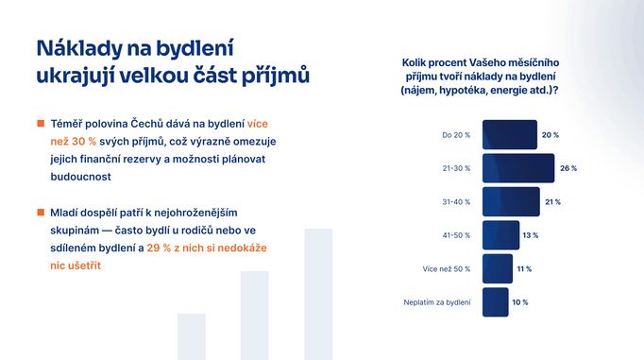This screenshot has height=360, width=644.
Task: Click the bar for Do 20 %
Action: click(x=509, y=135)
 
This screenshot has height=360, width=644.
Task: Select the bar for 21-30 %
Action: click(x=517, y=168)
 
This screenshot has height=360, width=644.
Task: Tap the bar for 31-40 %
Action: click(x=510, y=201)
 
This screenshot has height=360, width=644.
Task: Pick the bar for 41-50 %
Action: click(x=500, y=235)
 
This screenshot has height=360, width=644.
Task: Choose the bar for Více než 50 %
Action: click(x=497, y=268)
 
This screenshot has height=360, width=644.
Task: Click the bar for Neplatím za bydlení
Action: click(x=496, y=302)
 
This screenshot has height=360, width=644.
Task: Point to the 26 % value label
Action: click(x=567, y=168)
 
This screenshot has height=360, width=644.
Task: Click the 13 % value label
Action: click(x=531, y=235)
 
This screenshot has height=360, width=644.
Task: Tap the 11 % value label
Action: click(x=524, y=268)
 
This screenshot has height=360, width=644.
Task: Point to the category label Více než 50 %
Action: click(x=447, y=268)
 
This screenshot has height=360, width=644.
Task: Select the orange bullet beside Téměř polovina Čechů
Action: click(x=41, y=123)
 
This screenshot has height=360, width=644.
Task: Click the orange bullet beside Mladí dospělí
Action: click(x=41, y=215)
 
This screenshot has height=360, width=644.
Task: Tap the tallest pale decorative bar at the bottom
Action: click(x=318, y=294)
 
